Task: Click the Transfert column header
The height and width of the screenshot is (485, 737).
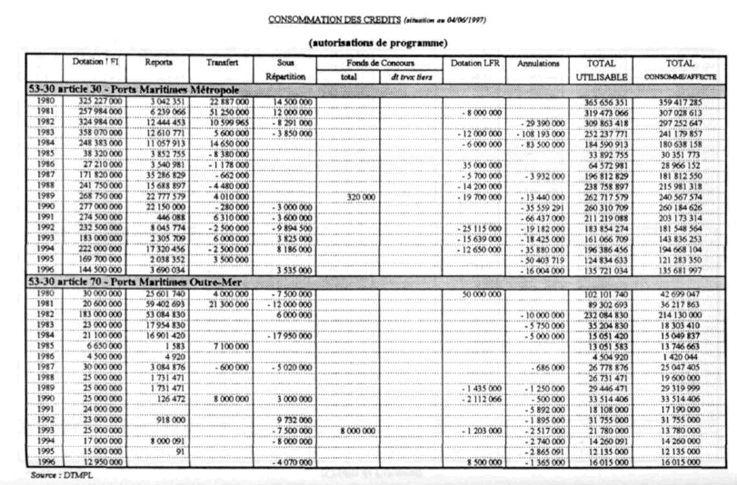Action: click(222, 61)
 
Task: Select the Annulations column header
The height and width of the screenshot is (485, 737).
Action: click(537, 62)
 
